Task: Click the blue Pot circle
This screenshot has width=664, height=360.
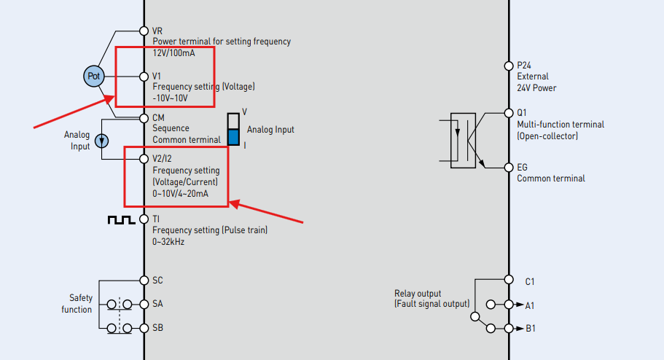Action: coord(94,77)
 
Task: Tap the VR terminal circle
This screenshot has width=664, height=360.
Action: coord(144,31)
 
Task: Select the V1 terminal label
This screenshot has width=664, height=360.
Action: coord(157,76)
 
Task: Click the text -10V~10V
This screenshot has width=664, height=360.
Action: coord(171,98)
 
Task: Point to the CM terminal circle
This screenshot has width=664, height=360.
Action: coord(144,117)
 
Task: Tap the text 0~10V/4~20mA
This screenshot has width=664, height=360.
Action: coord(181,194)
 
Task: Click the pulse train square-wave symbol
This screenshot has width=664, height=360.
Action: coord(120,219)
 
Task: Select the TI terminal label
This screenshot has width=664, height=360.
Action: coord(156,219)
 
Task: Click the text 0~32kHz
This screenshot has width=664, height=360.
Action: coord(168,241)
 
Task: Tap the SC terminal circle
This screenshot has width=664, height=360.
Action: coord(144,281)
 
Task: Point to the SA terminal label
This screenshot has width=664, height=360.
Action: coord(157,304)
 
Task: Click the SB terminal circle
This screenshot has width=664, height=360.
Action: coord(144,328)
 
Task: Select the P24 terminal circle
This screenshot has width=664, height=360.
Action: coord(509,66)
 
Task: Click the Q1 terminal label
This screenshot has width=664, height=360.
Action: coord(522,113)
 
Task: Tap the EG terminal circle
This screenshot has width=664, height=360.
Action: coord(509,168)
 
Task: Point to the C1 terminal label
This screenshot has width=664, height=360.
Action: coord(531,281)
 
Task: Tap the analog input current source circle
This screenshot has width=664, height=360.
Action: coord(103,141)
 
